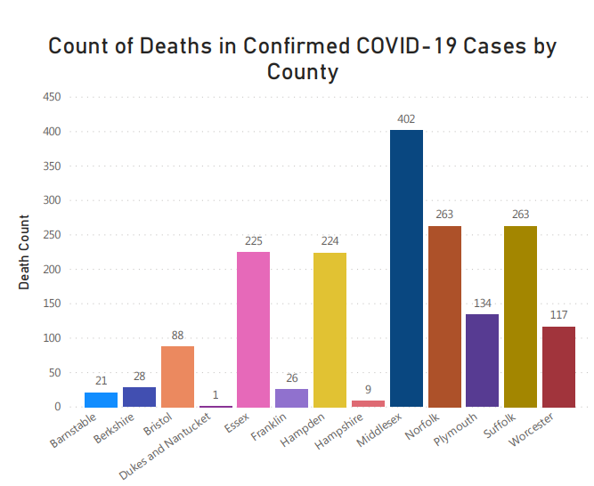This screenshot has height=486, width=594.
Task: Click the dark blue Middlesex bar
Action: [x=406, y=268]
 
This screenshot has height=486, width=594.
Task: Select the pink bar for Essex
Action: [x=254, y=329]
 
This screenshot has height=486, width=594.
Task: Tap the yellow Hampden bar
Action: [x=330, y=329]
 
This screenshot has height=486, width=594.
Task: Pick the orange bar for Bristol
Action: [x=177, y=377]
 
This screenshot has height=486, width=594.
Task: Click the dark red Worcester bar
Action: [x=558, y=367]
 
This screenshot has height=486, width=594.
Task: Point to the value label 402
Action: [x=406, y=118]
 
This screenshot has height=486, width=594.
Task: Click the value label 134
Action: [x=482, y=303]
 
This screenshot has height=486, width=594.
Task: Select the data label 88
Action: [x=177, y=335]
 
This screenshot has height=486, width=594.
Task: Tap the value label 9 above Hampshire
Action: [x=368, y=389]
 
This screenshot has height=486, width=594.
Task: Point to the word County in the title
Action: [x=303, y=72]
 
